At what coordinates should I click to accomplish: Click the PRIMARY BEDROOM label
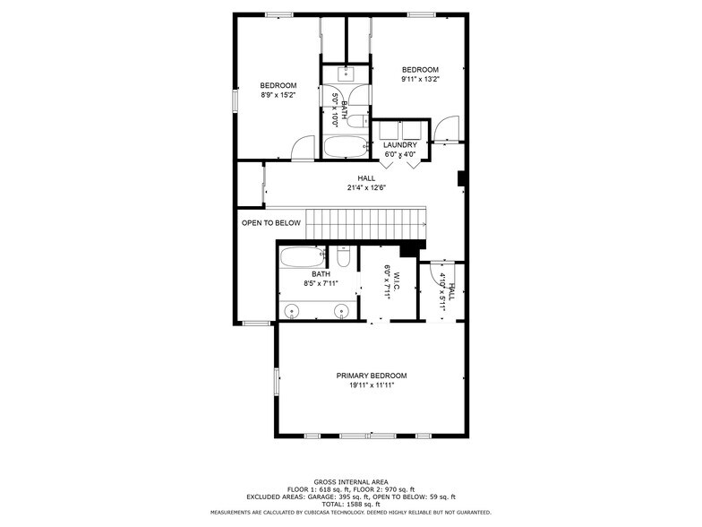click(x=371, y=376)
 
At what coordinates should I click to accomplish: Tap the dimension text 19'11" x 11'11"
click(x=371, y=385)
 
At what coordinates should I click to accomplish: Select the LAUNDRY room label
click(x=399, y=145)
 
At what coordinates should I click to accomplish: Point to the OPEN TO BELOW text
click(x=270, y=222)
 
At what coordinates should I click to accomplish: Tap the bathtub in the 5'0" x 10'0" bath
click(x=344, y=147)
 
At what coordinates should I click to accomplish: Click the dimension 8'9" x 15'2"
click(x=278, y=95)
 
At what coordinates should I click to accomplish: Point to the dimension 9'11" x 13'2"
click(x=419, y=79)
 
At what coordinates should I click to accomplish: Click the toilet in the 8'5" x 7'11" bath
click(x=343, y=256)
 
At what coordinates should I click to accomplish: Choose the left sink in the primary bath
click(x=292, y=311)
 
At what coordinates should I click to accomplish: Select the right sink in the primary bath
click(x=341, y=311)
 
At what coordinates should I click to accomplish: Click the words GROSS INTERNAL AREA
click(x=350, y=481)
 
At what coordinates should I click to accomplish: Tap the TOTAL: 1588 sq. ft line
click(x=350, y=504)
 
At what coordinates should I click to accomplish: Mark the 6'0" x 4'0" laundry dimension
click(x=399, y=154)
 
